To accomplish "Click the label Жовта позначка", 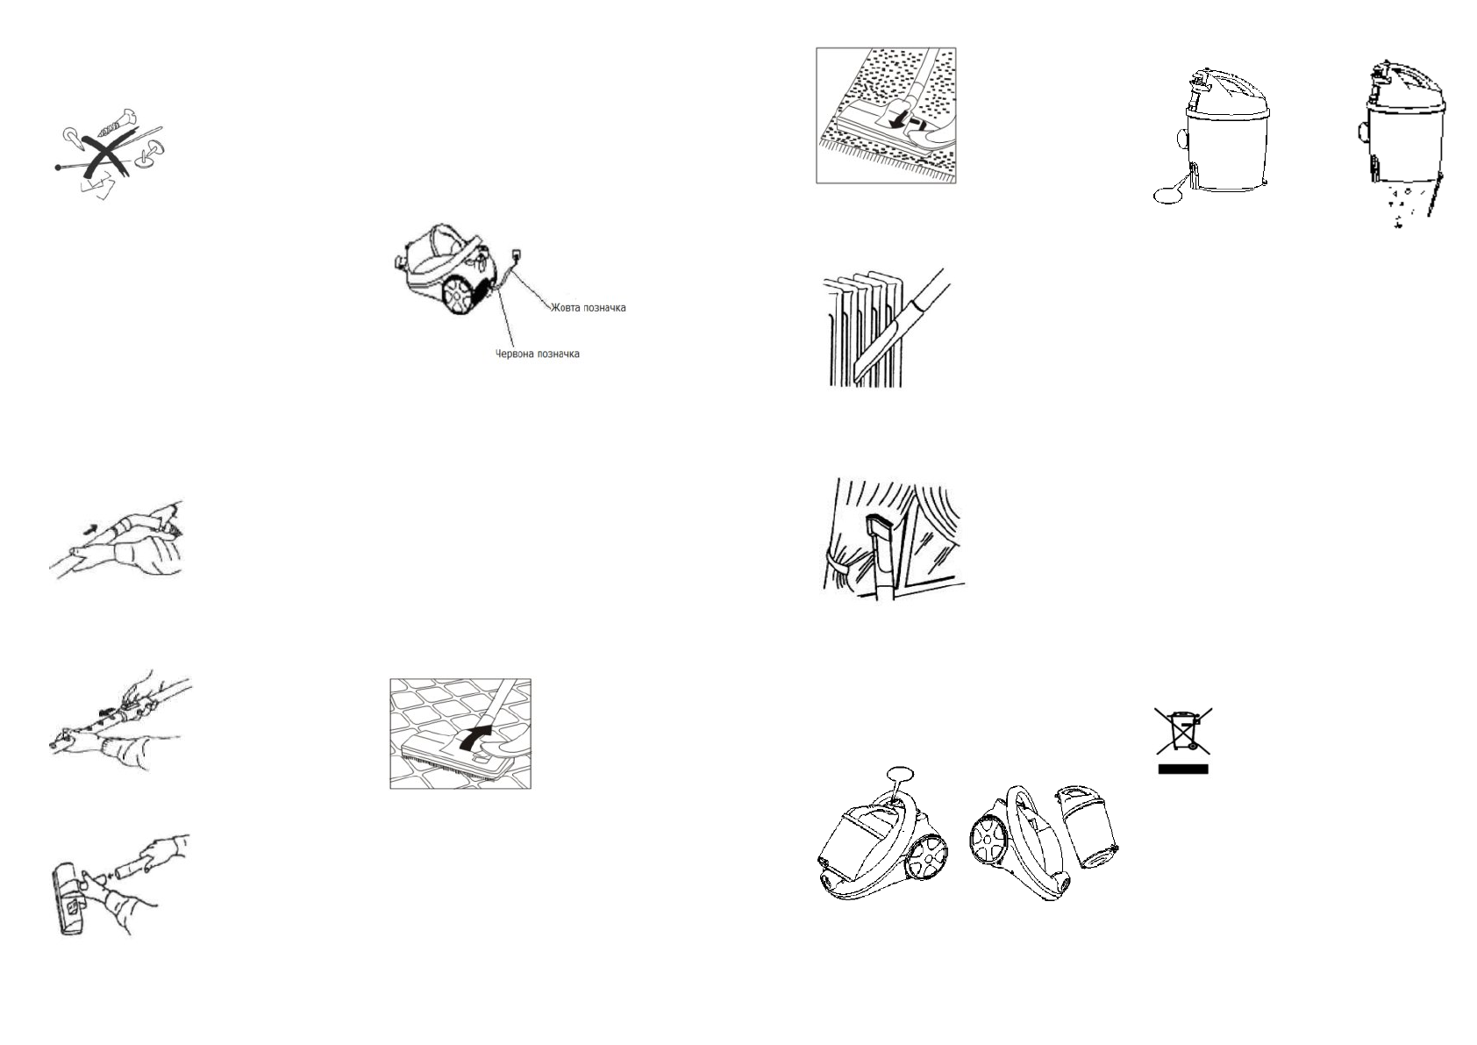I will pyautogui.click(x=588, y=308).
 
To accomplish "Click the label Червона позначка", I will pyautogui.click(x=537, y=354).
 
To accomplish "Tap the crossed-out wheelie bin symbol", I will pyautogui.click(x=1183, y=730).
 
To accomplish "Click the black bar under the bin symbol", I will pyautogui.click(x=1183, y=769).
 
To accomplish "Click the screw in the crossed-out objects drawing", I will pyautogui.click(x=115, y=123).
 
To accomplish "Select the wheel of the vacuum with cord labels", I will pyautogui.click(x=459, y=296).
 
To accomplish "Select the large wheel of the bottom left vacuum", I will pyautogui.click(x=927, y=855).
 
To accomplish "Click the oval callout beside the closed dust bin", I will pyautogui.click(x=1167, y=196).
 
